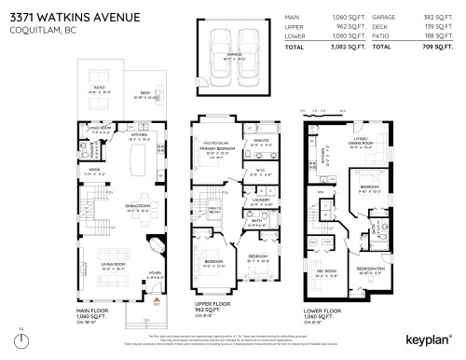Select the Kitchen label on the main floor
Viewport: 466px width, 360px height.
click(140, 134)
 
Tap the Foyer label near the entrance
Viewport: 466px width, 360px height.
click(153, 272)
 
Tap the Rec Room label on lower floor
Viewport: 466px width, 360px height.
click(327, 271)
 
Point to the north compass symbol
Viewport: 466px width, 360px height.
click(21, 339)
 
